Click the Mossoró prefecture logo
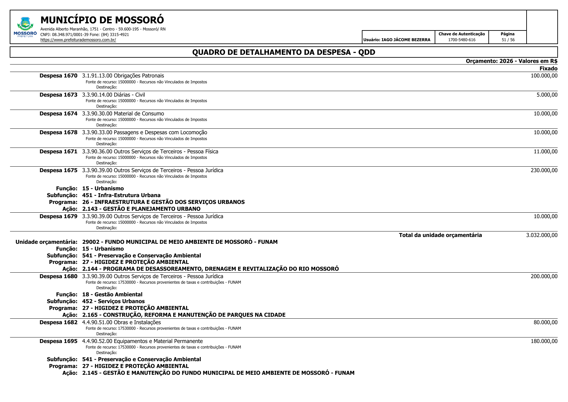25,27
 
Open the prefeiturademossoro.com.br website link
78,40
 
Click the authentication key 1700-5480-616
462,40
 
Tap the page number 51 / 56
508,40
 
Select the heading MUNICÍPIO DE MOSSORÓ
102,20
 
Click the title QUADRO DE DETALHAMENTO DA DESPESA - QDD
284,52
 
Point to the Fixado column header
548,68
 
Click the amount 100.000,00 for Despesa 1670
544,76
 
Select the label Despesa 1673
58,95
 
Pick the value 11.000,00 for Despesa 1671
545,151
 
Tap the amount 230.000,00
544,170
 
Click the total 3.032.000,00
541,235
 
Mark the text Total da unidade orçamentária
440,235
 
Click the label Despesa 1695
58,341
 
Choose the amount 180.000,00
544,341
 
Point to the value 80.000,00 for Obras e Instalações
545,322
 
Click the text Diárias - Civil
129,95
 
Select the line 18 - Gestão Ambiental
112,294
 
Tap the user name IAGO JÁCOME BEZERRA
406,40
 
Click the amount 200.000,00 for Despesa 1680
544,276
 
